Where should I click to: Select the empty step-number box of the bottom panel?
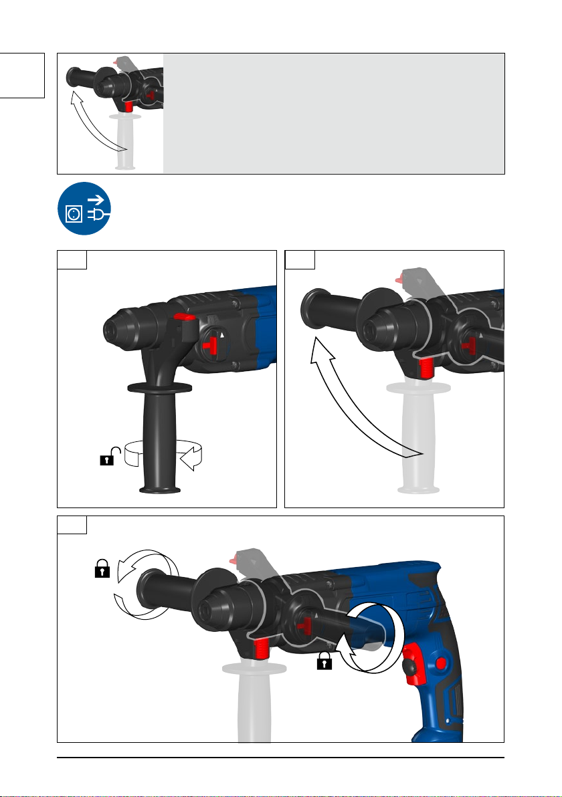point(72,525)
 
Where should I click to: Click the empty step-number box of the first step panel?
point(72,259)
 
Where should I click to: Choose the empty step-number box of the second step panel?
point(300,259)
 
